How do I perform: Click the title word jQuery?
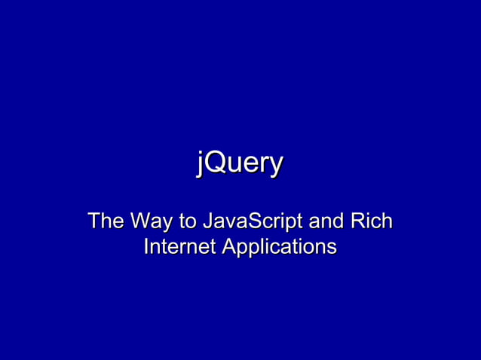pos(240,163)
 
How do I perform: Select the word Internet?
pos(179,246)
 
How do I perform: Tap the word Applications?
pos(278,247)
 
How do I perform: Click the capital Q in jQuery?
pos(213,163)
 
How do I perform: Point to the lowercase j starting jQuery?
pos(200,163)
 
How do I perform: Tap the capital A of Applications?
pos(228,246)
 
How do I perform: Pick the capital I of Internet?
pos(146,246)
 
